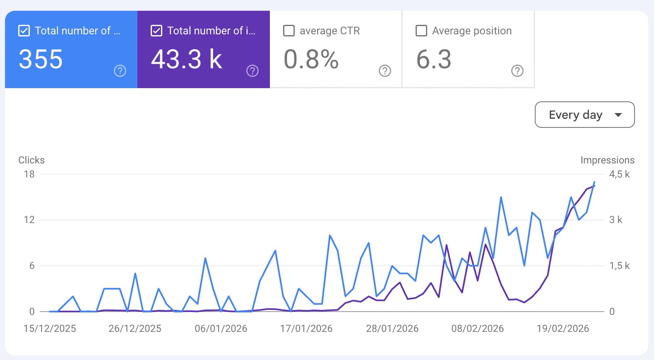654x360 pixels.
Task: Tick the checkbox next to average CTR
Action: pyautogui.click(x=289, y=31)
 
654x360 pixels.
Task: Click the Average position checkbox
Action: pyautogui.click(x=421, y=31)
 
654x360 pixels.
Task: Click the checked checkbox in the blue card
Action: pyautogui.click(x=24, y=31)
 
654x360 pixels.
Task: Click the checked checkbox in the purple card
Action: pyautogui.click(x=156, y=31)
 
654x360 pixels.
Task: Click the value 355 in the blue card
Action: pyautogui.click(x=41, y=59)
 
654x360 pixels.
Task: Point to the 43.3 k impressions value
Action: pyautogui.click(x=186, y=59)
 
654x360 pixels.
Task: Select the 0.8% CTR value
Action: pyautogui.click(x=311, y=59)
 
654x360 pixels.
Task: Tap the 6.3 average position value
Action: pyautogui.click(x=433, y=59)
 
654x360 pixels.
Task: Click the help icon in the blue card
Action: pyautogui.click(x=120, y=71)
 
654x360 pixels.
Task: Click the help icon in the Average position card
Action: pyautogui.click(x=517, y=71)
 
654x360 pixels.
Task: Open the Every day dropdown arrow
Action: pyautogui.click(x=618, y=115)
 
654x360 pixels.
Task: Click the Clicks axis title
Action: pyautogui.click(x=31, y=160)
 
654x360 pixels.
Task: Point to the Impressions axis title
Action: pyautogui.click(x=607, y=160)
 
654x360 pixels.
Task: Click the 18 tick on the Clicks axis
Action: pyautogui.click(x=29, y=174)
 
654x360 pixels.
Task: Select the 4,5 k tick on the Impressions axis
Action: pyautogui.click(x=619, y=174)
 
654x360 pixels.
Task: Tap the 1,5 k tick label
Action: pyautogui.click(x=619, y=266)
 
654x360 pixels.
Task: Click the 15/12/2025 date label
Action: pyautogui.click(x=50, y=329)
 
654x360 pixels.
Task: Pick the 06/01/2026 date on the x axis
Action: pyautogui.click(x=221, y=329)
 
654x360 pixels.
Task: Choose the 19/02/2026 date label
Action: pyautogui.click(x=563, y=329)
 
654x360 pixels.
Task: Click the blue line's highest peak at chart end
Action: pyautogui.click(x=594, y=182)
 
